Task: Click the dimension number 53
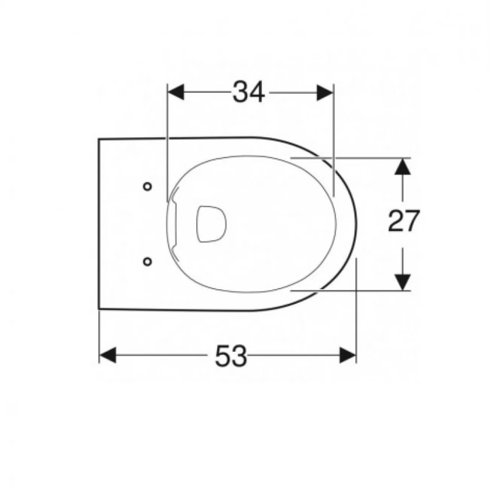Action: pyautogui.click(x=231, y=355)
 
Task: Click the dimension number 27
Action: pyautogui.click(x=403, y=221)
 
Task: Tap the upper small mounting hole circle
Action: pyautogui.click(x=147, y=187)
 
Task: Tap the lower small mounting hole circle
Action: pyautogui.click(x=147, y=261)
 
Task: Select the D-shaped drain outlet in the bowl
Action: pyautogui.click(x=211, y=224)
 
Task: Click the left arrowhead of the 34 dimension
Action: pyautogui.click(x=176, y=93)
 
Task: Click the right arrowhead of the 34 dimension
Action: pyautogui.click(x=325, y=93)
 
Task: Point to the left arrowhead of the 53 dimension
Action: pyautogui.click(x=107, y=355)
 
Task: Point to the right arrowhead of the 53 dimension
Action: pyautogui.click(x=348, y=355)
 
